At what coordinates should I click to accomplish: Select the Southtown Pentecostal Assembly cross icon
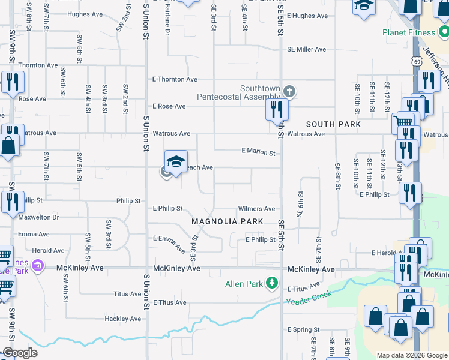[289, 92]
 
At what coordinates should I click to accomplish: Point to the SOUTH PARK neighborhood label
[333, 124]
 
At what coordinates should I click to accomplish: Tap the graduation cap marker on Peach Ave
[176, 162]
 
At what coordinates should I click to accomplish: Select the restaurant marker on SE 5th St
[277, 109]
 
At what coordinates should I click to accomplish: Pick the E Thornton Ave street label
[175, 79]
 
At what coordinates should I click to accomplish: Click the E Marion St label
[258, 153]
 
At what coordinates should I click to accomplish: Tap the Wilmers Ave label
[256, 209]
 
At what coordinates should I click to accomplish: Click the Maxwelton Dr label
[38, 217]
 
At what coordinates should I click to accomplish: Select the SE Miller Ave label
[306, 50]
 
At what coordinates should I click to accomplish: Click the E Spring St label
[303, 330]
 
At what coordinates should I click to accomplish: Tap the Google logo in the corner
[19, 353]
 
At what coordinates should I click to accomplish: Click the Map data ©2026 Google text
[411, 355]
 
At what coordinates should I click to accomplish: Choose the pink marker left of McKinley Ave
[38, 265]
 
